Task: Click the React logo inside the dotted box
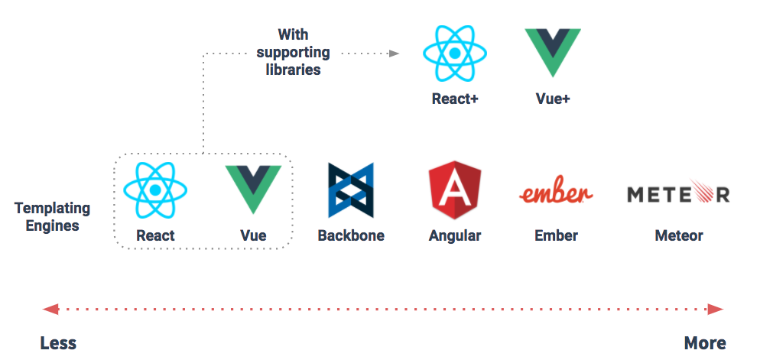(155, 189)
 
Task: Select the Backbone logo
(351, 190)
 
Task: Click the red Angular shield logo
(454, 190)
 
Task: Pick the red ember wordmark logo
(556, 193)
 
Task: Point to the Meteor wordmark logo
(678, 193)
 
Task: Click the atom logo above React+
(455, 54)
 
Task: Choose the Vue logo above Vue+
(553, 51)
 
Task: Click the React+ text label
(455, 99)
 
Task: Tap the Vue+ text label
(553, 99)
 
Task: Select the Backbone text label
(351, 235)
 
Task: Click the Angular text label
(455, 235)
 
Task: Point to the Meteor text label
(679, 235)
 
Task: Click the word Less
(58, 342)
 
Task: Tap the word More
(705, 342)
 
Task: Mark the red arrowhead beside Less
(50, 310)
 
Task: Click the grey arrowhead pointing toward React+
(395, 54)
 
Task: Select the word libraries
(294, 70)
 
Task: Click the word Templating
(52, 208)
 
